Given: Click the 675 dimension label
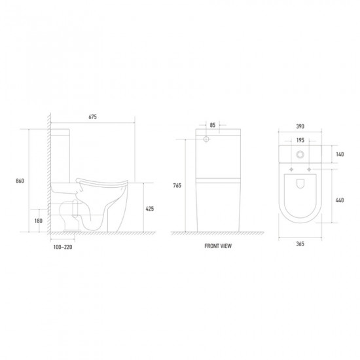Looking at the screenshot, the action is point(92,117).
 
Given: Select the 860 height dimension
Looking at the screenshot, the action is point(20,181).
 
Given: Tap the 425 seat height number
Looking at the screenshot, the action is point(150,209).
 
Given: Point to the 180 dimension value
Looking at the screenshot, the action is point(39,221).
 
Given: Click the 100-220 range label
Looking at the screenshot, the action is point(63,247).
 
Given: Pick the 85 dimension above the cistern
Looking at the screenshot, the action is point(213,125).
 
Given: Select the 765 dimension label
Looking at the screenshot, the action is point(177,185).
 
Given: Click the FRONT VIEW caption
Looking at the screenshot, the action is point(218,246).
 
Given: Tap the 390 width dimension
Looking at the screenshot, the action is point(300,126).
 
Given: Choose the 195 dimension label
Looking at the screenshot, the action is point(300,140).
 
